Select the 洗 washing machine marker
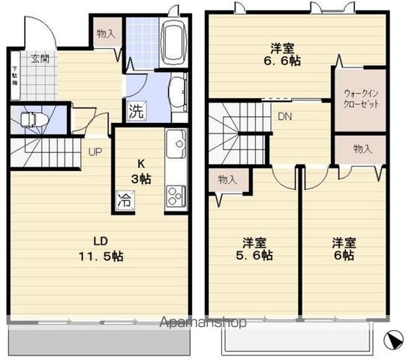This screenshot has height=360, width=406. (x=135, y=111)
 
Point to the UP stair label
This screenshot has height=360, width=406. (x=95, y=152)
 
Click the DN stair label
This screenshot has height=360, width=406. (x=285, y=116)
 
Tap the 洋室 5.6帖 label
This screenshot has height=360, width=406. (x=257, y=248)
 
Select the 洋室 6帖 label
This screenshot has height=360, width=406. (x=344, y=248)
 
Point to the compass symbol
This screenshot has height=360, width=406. (x=392, y=340)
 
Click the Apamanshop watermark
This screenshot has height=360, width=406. (x=203, y=323)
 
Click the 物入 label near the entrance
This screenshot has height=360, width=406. (x=106, y=34)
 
